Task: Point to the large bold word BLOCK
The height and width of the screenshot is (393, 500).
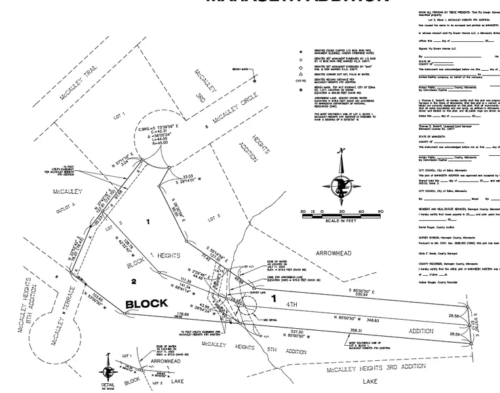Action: [146, 303]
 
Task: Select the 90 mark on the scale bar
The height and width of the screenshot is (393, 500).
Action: [380, 212]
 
